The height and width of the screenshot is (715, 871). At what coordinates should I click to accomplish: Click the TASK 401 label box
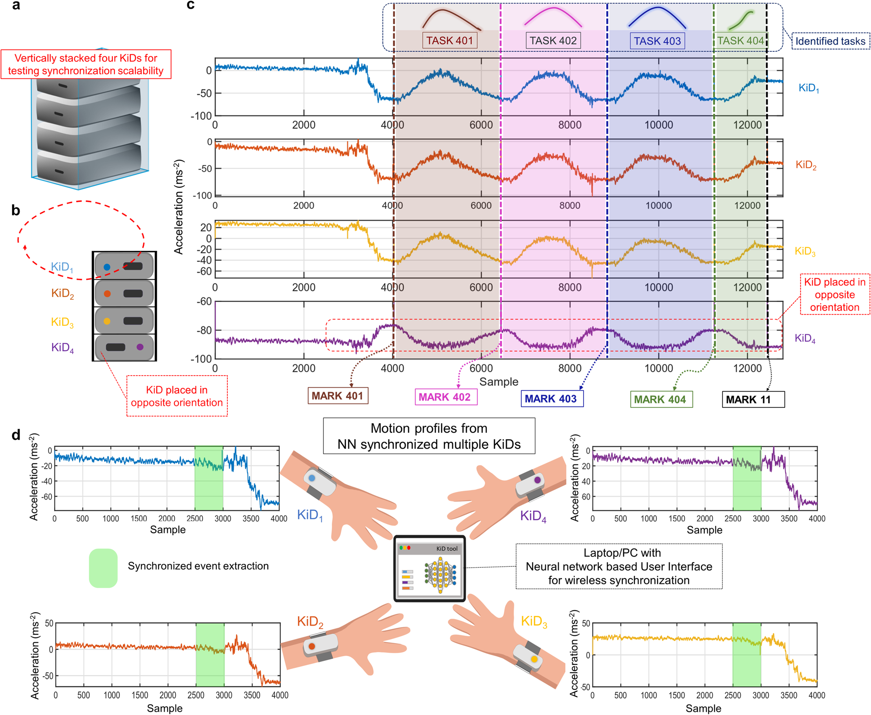click(x=449, y=41)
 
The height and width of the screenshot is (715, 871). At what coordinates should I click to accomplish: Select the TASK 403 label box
click(x=657, y=41)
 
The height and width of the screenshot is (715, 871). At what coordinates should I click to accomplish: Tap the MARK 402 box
click(x=446, y=397)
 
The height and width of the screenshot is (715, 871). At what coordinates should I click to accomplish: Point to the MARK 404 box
click(x=661, y=399)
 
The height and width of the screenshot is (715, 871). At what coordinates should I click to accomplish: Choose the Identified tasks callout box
click(x=830, y=41)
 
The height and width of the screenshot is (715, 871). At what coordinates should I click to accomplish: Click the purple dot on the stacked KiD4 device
click(x=140, y=347)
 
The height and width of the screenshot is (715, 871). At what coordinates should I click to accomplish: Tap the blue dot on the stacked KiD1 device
click(x=107, y=267)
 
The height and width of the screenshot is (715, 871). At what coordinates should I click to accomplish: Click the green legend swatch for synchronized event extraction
click(x=103, y=568)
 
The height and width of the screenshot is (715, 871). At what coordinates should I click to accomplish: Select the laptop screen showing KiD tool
click(x=429, y=569)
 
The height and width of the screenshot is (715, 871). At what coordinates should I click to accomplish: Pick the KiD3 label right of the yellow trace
click(x=805, y=251)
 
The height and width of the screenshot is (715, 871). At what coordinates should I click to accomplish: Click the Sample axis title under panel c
click(x=499, y=382)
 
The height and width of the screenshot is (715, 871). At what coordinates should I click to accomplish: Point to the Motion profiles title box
click(x=429, y=436)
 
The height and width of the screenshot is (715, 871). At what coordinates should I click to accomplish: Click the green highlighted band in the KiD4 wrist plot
click(x=747, y=478)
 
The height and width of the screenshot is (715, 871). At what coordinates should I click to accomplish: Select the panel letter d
click(x=16, y=434)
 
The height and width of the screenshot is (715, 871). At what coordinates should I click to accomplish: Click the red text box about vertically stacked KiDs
click(x=86, y=64)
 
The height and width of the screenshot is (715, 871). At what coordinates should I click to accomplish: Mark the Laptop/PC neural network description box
click(x=619, y=566)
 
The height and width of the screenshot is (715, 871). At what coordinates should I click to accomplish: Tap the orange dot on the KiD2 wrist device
click(x=312, y=647)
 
